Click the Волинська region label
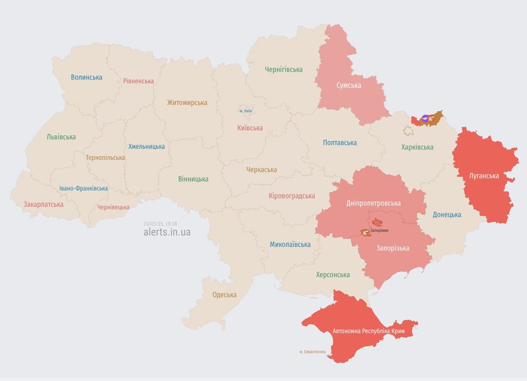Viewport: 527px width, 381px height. coord(86,77)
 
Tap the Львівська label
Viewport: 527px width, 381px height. coord(61,136)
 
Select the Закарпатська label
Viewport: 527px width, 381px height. coord(44,204)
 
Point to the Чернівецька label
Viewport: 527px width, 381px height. coord(113,207)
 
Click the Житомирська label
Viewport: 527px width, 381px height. coord(187,103)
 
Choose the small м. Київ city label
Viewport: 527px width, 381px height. coord(245,111)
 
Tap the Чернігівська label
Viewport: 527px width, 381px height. coord(284,69)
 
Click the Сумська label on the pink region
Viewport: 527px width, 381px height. coord(349,85)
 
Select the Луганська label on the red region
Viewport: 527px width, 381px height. coord(484,176)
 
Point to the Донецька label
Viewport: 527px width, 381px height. coord(447,214)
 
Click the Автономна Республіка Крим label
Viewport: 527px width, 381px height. coord(368,331)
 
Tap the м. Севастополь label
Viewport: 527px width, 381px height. coord(312,352)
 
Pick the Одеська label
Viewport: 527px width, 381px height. coord(224,295)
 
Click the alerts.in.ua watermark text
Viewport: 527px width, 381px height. coord(167,232)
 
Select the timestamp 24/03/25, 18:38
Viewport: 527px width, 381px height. coord(160,224)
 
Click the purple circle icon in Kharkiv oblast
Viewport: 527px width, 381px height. coord(425,118)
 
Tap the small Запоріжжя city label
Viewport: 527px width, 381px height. coord(379,231)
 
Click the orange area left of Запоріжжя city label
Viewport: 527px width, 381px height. coord(365,232)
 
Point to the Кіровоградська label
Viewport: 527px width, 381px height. coord(292,195)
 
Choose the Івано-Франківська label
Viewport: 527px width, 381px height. coord(83,189)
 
